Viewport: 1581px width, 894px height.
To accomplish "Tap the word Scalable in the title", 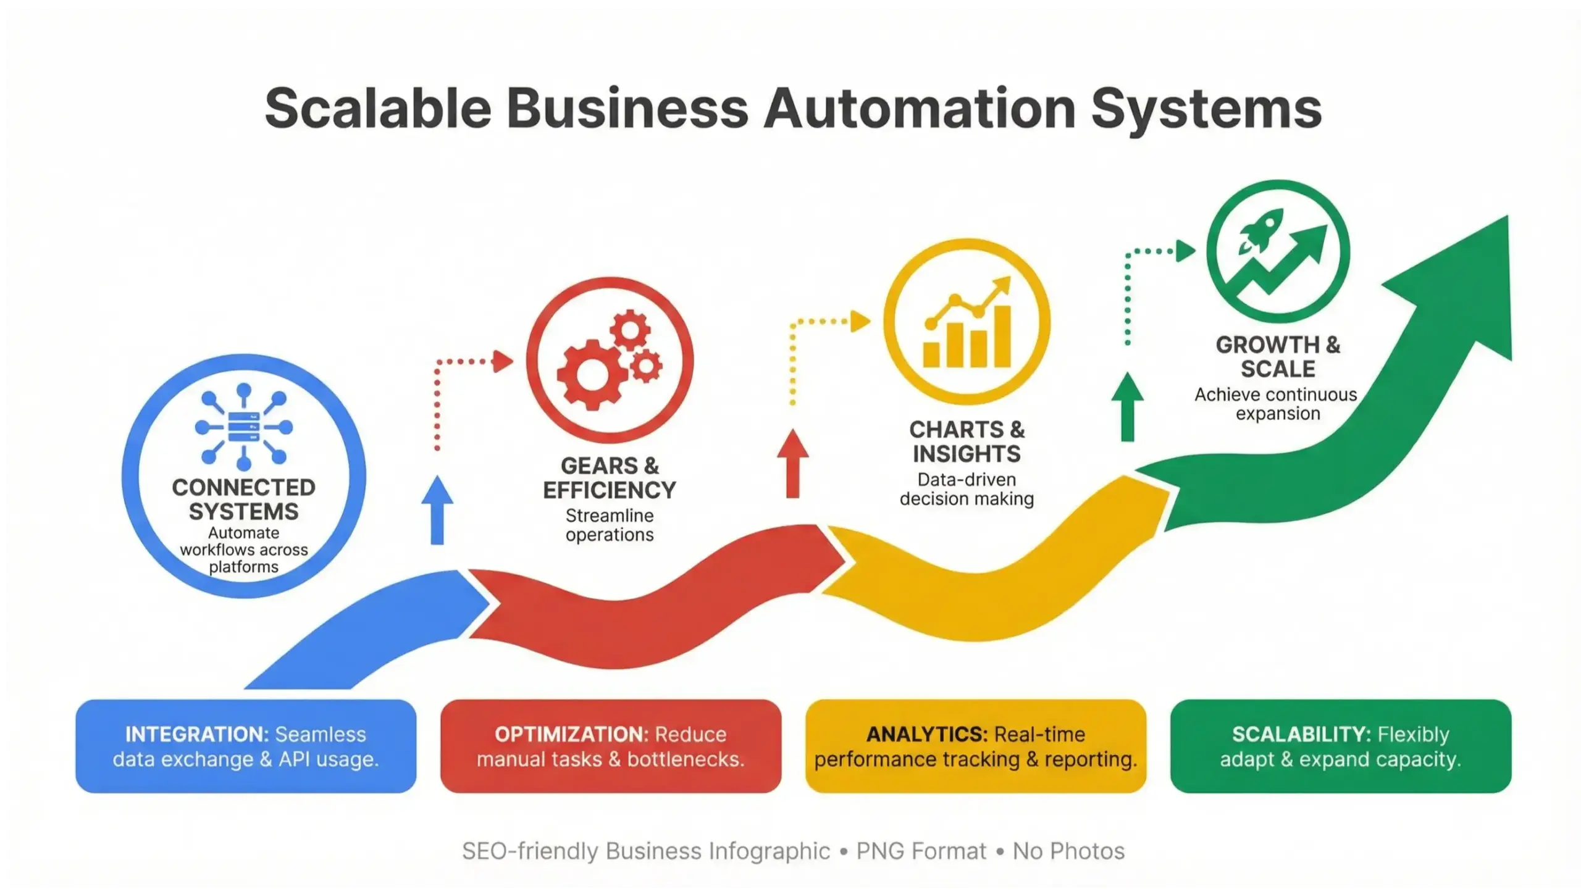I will pos(378,109).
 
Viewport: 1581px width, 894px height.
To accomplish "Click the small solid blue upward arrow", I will pos(437,510).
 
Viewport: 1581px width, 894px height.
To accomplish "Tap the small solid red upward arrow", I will pos(793,464).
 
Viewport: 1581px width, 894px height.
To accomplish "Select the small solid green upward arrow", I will pos(1128,407).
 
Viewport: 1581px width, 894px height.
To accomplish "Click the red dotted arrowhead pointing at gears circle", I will pos(503,361).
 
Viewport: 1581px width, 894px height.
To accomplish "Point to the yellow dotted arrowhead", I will pos(860,321).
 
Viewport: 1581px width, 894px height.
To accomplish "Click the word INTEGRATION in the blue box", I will pos(197,735).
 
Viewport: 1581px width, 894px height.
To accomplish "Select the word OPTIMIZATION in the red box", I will pos(571,735).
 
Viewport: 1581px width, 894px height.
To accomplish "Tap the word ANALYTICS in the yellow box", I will pos(926,735).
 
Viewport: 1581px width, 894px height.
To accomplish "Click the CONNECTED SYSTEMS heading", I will pos(244,499).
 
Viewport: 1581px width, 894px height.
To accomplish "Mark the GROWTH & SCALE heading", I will pos(1278,357).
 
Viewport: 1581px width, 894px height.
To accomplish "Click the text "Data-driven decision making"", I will pos(967,489).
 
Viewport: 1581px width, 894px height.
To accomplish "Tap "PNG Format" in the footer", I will pos(921,851).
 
